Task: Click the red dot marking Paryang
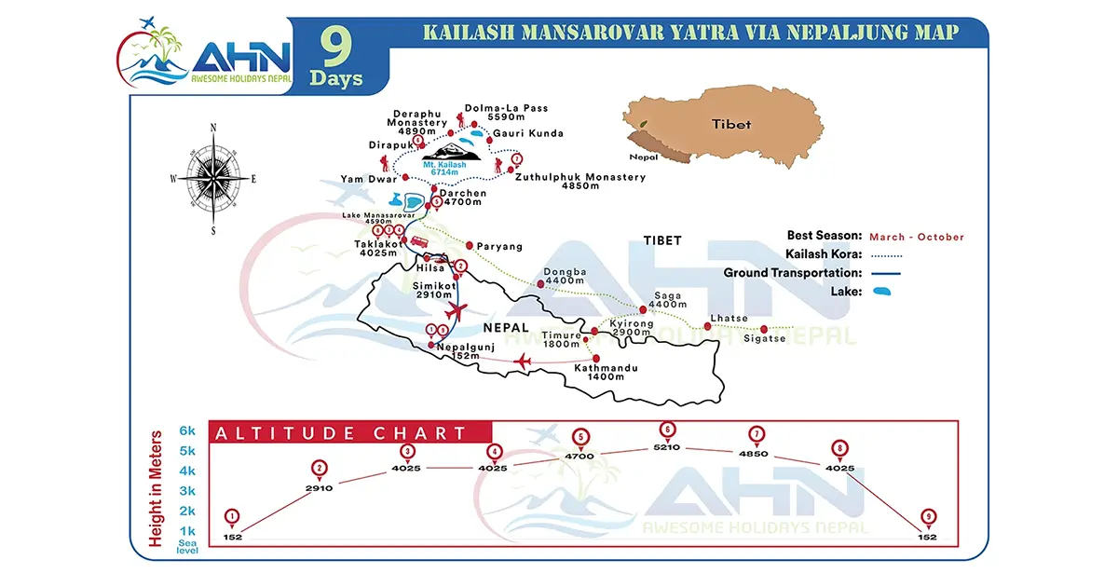pos(470,246)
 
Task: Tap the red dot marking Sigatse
pos(765,328)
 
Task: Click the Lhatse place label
pos(729,318)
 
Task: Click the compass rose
pos(213,177)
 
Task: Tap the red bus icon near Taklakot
pos(419,242)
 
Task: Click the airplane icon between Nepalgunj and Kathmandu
pos(522,361)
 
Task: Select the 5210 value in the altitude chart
pos(667,447)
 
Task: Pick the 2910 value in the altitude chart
pos(320,486)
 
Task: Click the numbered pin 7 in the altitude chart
pos(757,434)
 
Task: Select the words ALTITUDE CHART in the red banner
pos(341,433)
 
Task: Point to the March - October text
pos(917,237)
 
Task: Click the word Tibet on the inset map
pos(730,124)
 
